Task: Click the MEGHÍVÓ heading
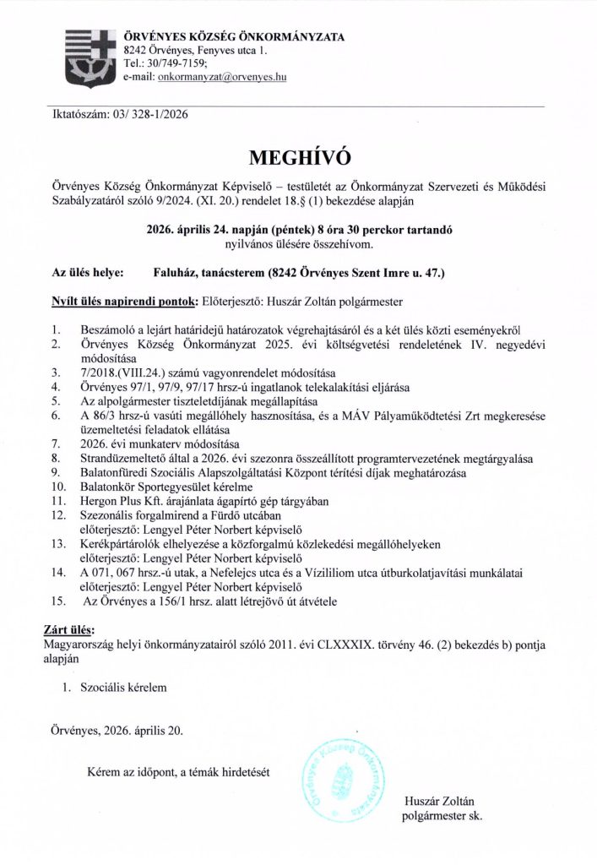click(299, 157)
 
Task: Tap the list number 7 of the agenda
click(55, 443)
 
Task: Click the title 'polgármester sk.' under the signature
click(442, 817)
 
